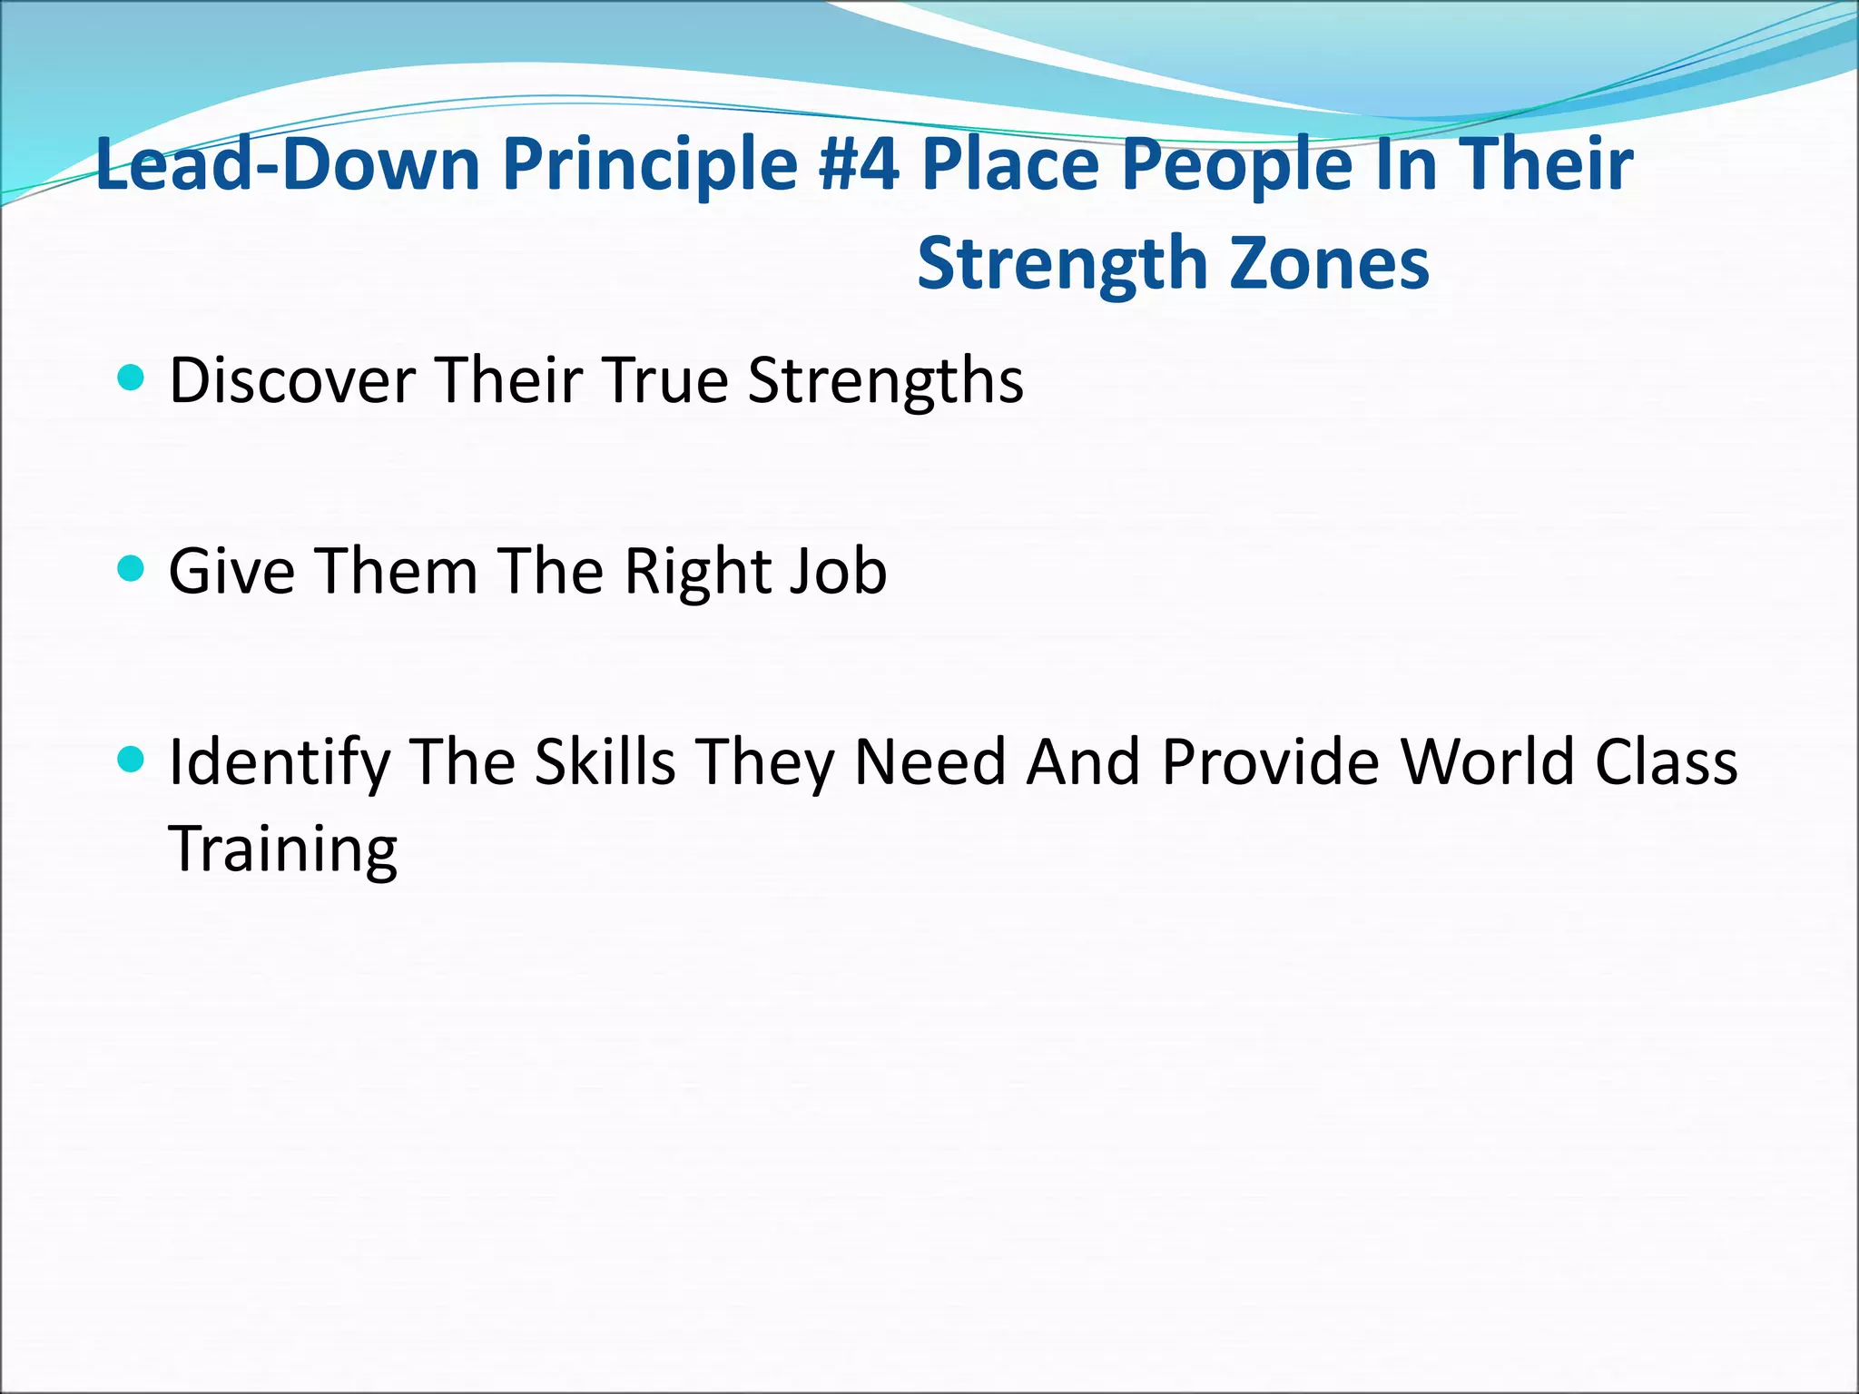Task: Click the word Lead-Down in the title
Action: pyautogui.click(x=288, y=165)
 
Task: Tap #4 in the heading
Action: pyautogui.click(x=858, y=165)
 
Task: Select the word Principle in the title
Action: pyautogui.click(x=650, y=165)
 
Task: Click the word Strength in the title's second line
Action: pyautogui.click(x=1062, y=264)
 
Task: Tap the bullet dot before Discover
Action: pyautogui.click(x=132, y=378)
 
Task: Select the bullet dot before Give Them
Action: pyautogui.click(x=132, y=569)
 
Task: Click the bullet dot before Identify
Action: pyautogui.click(x=132, y=759)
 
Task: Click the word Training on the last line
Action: pyautogui.click(x=283, y=849)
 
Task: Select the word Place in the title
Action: pyautogui.click(x=1010, y=165)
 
